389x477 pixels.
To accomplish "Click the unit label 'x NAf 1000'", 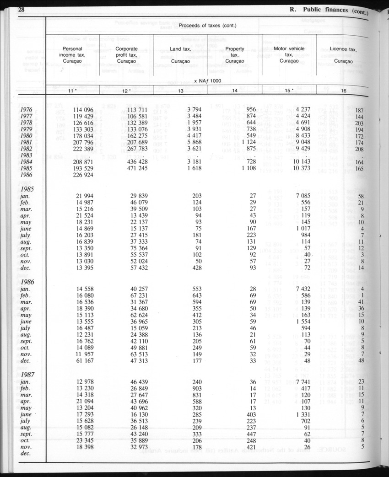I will [207, 80].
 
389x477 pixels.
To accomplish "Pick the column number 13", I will [180, 91].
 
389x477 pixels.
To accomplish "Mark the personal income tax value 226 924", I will [82, 175].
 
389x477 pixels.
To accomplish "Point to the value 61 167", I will [83, 360].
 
